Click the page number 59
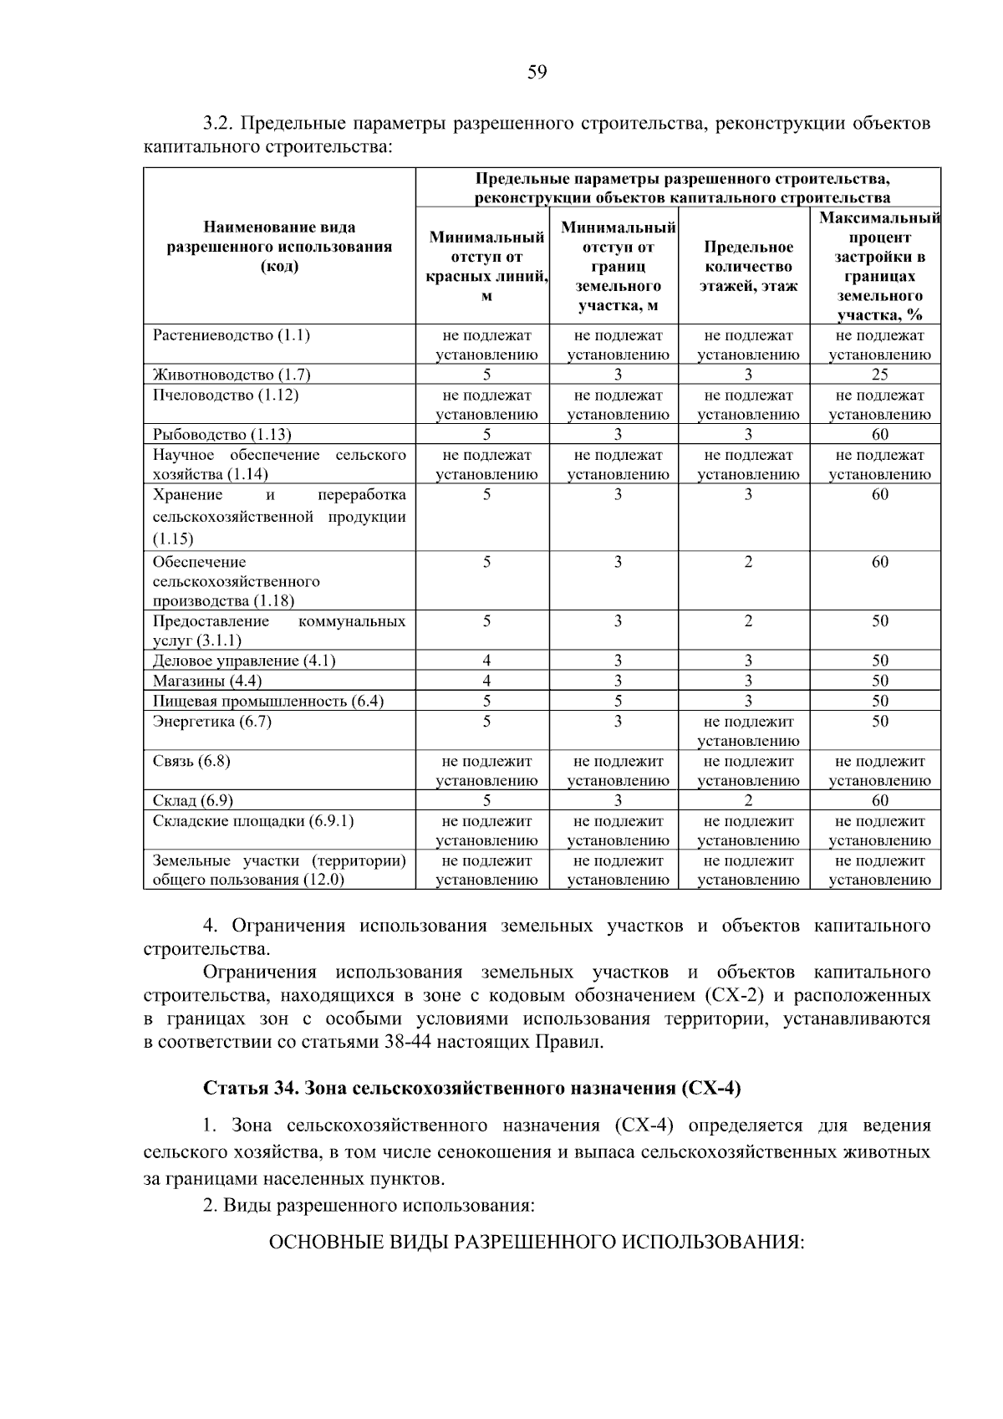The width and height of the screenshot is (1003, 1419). [537, 73]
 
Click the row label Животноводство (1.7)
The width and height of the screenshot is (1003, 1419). [232, 375]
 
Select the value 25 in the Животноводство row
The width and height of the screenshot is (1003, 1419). [879, 375]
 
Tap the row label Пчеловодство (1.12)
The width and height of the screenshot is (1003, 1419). [226, 395]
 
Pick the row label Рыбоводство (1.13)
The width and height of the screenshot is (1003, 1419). [222, 434]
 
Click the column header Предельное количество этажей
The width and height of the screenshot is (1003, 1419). [748, 267]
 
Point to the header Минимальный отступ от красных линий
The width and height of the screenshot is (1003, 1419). [486, 267]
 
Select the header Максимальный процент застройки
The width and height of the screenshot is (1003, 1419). [879, 267]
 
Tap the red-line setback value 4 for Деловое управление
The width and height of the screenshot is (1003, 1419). [486, 661]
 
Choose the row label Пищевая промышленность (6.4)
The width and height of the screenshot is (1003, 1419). [268, 701]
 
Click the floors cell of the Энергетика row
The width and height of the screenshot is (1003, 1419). [748, 731]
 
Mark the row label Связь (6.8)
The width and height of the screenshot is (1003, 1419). [191, 761]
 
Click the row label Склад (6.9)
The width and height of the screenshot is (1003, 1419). [193, 800]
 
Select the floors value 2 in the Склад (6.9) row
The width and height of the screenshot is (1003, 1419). [748, 800]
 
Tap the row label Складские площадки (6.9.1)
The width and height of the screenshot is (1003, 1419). [253, 820]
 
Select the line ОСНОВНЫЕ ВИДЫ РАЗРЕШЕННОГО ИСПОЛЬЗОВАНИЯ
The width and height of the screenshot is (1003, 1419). [536, 1242]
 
